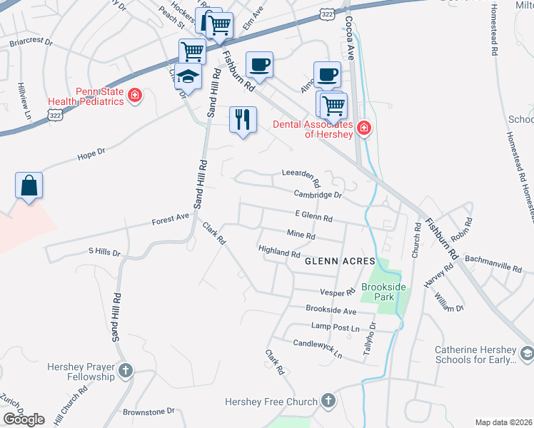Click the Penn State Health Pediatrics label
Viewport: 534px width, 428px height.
click(x=86, y=96)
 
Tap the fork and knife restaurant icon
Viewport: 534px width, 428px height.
click(x=243, y=119)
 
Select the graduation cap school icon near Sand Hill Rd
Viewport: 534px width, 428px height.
click(x=188, y=76)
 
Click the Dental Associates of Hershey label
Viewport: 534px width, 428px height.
click(x=313, y=128)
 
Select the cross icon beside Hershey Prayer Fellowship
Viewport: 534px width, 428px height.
click(x=126, y=370)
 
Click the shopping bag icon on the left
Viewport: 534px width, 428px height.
click(x=29, y=185)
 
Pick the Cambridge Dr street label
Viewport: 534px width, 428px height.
click(x=318, y=194)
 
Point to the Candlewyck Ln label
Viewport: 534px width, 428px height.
click(x=318, y=347)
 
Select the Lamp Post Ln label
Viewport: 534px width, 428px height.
click(x=333, y=327)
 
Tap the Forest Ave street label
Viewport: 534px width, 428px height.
click(x=171, y=220)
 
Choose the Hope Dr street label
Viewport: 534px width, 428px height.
click(x=91, y=153)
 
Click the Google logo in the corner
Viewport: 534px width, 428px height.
click(x=24, y=419)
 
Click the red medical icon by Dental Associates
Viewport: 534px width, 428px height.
click(x=364, y=128)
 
